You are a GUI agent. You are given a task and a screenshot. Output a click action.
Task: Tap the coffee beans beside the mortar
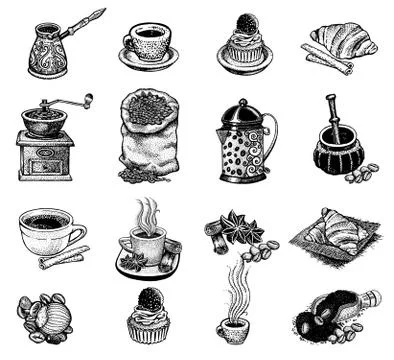(x=361, y=173)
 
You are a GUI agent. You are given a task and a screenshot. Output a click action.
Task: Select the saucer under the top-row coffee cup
(x=147, y=60)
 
